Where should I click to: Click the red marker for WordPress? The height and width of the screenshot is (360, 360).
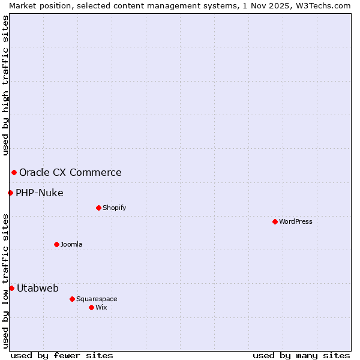click(x=275, y=221)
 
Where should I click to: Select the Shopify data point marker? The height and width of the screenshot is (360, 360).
click(x=98, y=208)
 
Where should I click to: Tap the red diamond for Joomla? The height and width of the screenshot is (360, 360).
click(x=56, y=244)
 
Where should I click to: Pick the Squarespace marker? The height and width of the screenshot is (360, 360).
click(x=72, y=299)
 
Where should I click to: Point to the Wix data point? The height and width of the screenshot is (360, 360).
click(x=91, y=307)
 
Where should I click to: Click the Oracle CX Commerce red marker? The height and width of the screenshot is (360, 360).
click(x=14, y=173)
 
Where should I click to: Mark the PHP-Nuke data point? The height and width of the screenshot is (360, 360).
click(x=10, y=193)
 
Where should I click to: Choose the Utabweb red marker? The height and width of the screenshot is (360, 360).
click(x=11, y=288)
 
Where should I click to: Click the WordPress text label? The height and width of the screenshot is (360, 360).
click(x=296, y=221)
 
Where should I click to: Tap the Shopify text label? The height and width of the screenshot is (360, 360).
click(x=114, y=208)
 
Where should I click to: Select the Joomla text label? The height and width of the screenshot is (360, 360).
click(x=71, y=244)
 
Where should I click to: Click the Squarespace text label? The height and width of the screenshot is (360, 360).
click(x=97, y=299)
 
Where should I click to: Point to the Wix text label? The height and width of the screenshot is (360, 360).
click(x=101, y=307)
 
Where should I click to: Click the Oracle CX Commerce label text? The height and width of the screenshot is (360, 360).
click(x=70, y=173)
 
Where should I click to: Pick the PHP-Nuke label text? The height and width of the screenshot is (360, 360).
click(x=40, y=193)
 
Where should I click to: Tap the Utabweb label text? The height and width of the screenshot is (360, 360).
click(x=38, y=288)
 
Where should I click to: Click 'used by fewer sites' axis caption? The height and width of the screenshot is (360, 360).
click(x=62, y=355)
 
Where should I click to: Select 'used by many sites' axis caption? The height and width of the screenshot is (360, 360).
click(x=301, y=355)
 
